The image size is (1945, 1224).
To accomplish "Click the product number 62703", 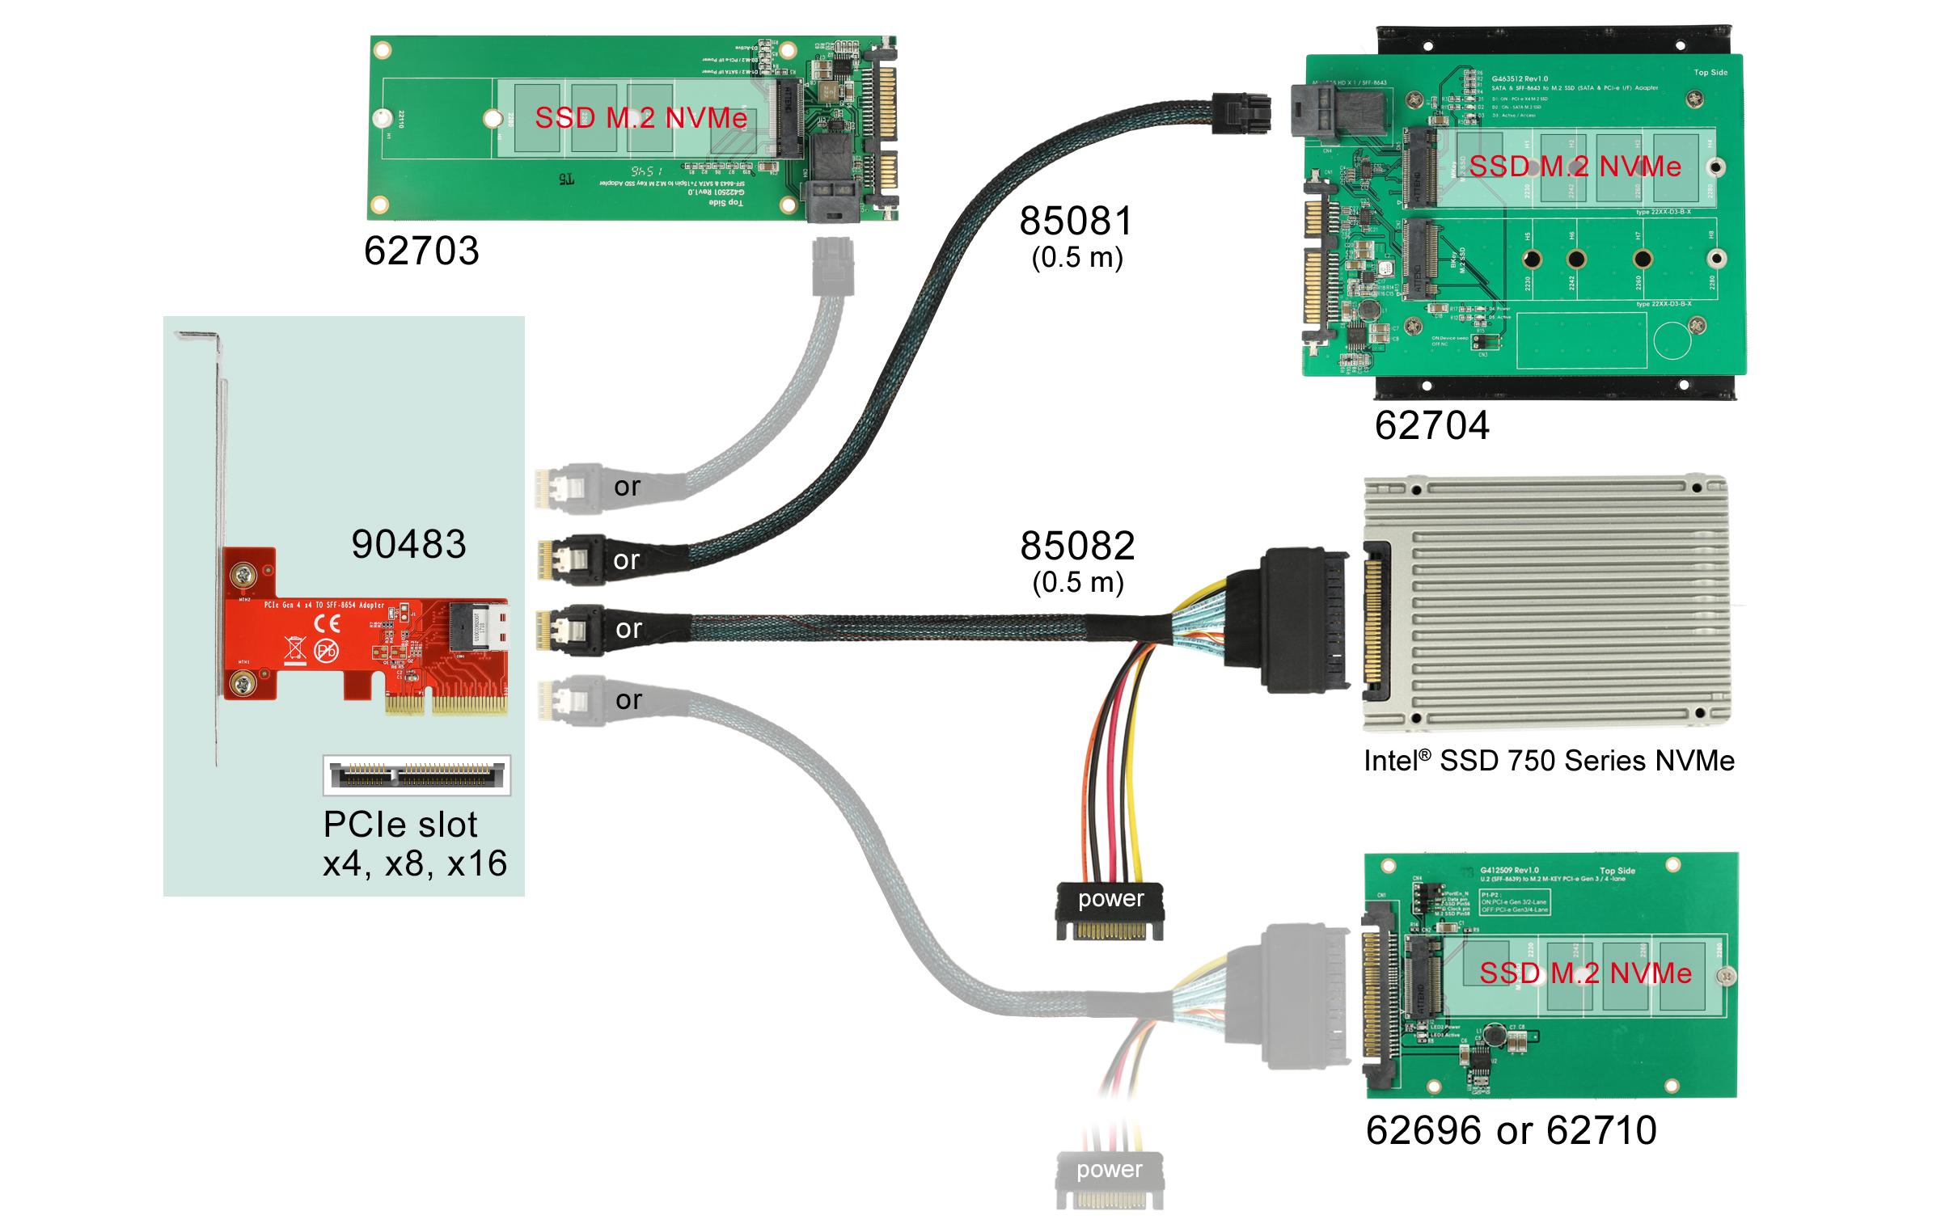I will [421, 251].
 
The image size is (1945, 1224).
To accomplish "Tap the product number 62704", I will [1431, 426].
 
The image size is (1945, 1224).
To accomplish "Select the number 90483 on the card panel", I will [408, 544].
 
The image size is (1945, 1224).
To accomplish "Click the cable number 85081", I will [1076, 222].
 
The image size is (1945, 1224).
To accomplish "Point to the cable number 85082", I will [1077, 547].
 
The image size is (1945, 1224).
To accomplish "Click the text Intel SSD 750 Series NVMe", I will [1549, 761].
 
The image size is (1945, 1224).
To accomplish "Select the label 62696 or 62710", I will [1511, 1130].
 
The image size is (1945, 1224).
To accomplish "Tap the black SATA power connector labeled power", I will [1110, 910].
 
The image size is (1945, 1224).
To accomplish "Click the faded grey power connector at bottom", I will [1110, 1180].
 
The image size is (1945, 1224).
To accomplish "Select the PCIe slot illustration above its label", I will [416, 775].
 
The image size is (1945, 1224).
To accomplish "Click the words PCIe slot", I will [400, 825].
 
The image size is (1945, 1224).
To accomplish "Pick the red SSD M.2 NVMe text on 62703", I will [641, 119].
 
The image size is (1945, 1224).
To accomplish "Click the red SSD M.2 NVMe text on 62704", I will [1575, 167].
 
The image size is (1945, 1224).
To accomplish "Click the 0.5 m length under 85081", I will [1077, 258].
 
